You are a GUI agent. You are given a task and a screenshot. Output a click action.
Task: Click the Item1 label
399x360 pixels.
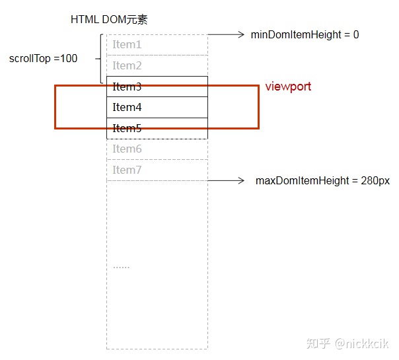click(127, 44)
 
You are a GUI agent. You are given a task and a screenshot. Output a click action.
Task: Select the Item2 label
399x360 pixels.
click(127, 65)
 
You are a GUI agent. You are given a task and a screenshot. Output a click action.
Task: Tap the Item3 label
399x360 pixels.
click(127, 87)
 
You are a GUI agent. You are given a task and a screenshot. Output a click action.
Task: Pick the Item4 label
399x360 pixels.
click(127, 107)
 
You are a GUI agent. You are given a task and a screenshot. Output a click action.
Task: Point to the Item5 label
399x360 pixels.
click(127, 128)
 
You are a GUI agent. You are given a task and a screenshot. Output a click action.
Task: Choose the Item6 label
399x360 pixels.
click(127, 149)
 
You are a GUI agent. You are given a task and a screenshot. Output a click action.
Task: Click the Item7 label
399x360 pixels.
click(127, 170)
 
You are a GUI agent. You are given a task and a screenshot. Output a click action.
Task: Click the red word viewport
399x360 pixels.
click(288, 87)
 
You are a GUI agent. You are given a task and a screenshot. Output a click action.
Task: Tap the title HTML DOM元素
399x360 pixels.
click(109, 19)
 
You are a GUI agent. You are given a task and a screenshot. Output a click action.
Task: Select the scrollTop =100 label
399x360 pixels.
click(43, 59)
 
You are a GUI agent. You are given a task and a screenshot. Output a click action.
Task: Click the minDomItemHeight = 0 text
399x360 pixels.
click(305, 34)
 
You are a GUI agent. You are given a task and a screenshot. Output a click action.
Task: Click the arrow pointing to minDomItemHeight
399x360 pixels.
click(226, 34)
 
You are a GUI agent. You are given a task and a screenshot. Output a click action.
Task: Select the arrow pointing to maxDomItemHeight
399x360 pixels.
click(226, 180)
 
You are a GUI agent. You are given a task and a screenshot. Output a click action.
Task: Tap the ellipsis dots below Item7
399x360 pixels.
click(122, 267)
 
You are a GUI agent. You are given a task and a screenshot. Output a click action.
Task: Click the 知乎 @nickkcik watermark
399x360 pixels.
click(347, 343)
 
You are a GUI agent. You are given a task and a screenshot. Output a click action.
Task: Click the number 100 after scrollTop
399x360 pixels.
click(69, 59)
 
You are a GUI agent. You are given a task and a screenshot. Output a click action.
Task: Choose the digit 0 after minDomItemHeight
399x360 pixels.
click(356, 34)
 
